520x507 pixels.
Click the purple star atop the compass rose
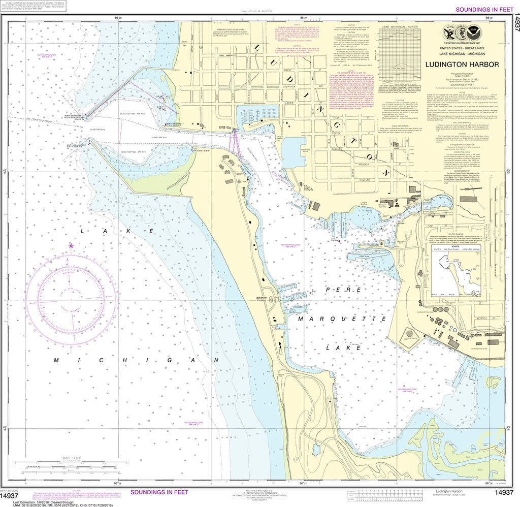71,246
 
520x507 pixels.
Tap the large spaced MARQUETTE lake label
337,319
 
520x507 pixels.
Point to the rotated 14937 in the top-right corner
515,20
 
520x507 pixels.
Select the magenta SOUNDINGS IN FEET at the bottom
159,492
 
